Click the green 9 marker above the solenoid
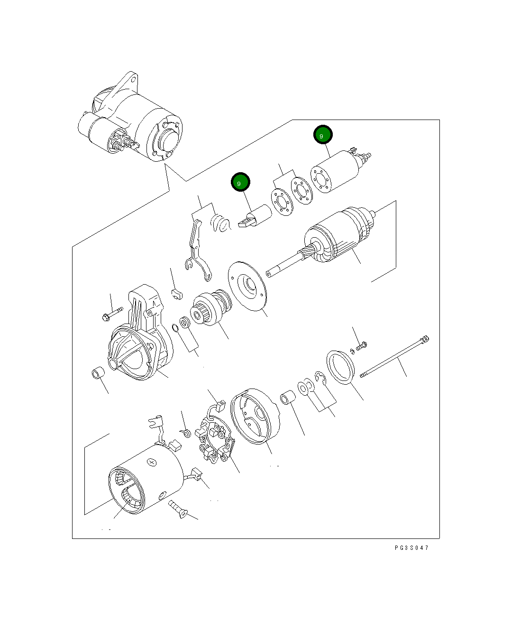coord(323,135)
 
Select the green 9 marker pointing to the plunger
coord(240,183)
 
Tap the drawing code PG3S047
coord(411,548)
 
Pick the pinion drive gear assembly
coord(211,308)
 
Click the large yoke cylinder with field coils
coord(147,479)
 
